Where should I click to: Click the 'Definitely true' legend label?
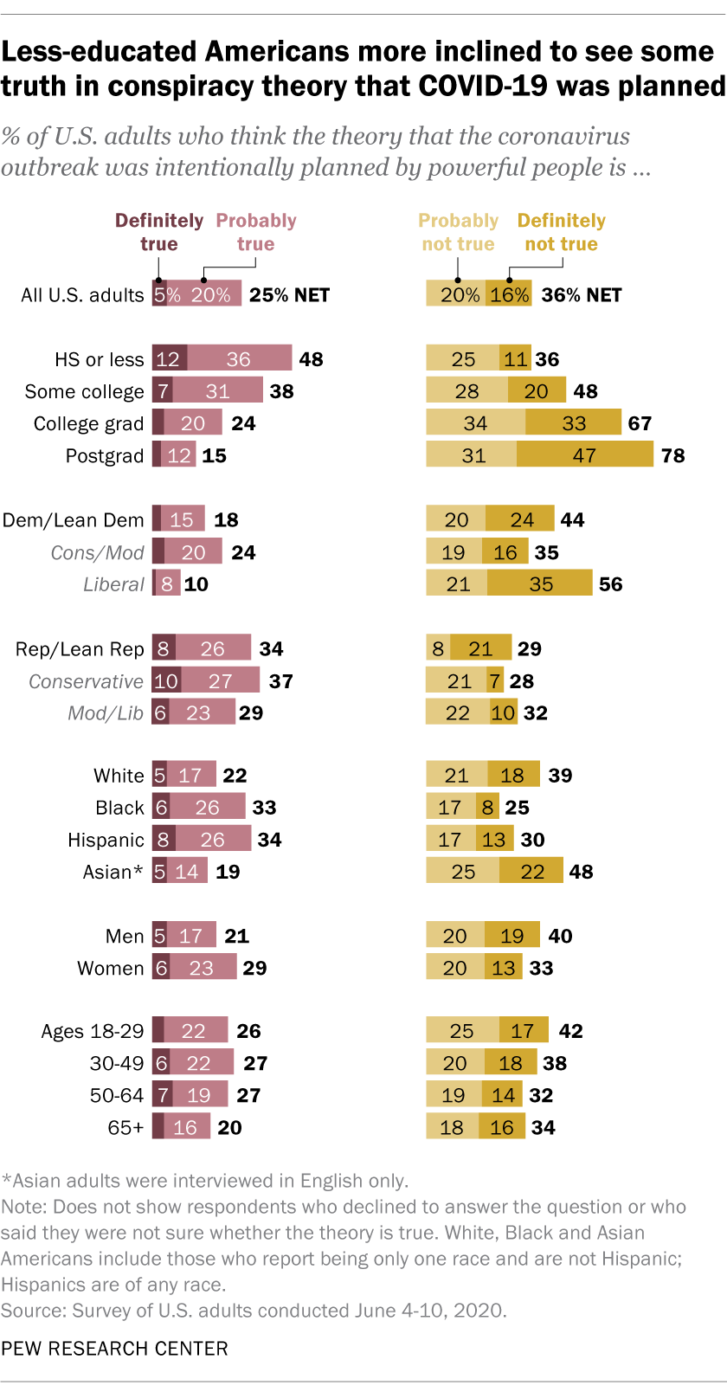pos(159,232)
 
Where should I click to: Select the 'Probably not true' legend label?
pos(458,232)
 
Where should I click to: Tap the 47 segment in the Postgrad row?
pos(585,454)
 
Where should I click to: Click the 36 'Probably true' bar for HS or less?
pos(239,358)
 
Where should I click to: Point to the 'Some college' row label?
pos(84,391)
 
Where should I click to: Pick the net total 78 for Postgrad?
pos(672,454)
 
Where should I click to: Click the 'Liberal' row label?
pos(113,584)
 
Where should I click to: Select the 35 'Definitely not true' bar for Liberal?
pos(540,584)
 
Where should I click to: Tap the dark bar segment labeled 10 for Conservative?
pos(166,681)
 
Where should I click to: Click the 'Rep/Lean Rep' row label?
pos(80,649)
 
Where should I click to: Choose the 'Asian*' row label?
pos(113,872)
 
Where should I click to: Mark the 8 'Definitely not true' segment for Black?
pos(488,808)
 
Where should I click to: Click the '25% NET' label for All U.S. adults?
pos(289,294)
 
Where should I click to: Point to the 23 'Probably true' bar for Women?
pos(202,968)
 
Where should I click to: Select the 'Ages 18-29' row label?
pos(92,1031)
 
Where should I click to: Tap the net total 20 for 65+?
pos(229,1127)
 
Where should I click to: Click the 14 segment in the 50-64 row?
pos(503,1095)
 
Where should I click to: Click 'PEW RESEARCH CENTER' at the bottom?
pos(114,1348)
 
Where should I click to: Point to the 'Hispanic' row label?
pos(106,840)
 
